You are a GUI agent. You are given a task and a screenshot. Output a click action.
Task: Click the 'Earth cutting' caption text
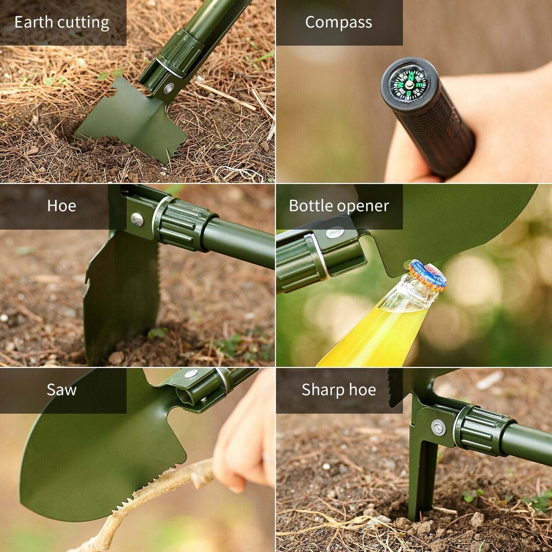pyautogui.click(x=62, y=23)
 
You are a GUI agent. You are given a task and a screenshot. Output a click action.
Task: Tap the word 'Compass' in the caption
pyautogui.click(x=338, y=23)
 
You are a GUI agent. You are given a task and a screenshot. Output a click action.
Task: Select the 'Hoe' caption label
pyautogui.click(x=62, y=206)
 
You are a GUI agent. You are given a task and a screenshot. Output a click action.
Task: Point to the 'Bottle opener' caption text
pyautogui.click(x=339, y=206)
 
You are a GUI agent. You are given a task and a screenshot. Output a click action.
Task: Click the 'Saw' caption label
pyautogui.click(x=62, y=390)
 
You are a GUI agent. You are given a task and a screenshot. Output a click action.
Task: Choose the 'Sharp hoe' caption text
pyautogui.click(x=339, y=390)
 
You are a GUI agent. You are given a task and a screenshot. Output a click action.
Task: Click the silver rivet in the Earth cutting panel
pyautogui.click(x=168, y=88)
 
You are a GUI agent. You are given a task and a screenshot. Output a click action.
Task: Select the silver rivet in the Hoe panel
pyautogui.click(x=137, y=219)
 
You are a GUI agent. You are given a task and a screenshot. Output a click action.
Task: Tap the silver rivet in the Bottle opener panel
pyautogui.click(x=335, y=233)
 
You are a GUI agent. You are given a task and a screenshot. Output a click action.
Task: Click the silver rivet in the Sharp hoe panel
pyautogui.click(x=439, y=427)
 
